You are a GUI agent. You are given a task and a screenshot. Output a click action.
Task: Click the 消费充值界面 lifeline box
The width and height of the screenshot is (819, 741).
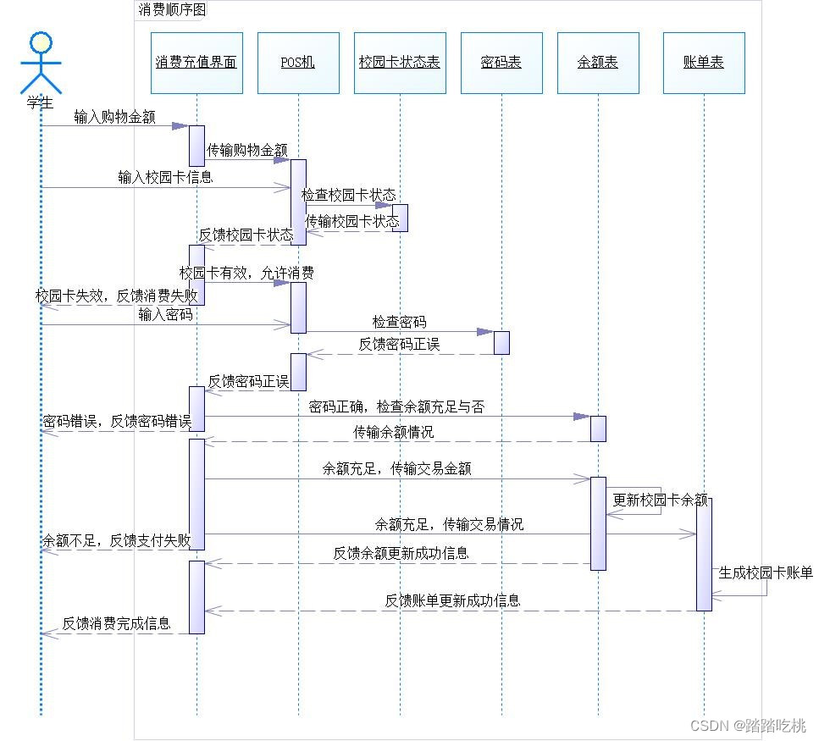(196, 63)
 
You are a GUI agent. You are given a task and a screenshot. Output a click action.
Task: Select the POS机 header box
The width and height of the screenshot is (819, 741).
(298, 63)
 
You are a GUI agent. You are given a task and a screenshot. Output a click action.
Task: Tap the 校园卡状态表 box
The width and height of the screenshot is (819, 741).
(400, 63)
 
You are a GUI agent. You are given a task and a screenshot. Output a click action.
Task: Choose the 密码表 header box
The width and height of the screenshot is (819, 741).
(501, 63)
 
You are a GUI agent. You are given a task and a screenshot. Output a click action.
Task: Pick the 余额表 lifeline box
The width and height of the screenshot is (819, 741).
(598, 63)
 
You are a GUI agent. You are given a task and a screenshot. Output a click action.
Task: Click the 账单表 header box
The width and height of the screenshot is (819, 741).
(704, 63)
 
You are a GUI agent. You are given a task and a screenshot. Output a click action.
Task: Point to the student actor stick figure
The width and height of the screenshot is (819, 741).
(41, 63)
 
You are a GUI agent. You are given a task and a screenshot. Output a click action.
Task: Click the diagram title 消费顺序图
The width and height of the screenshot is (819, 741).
(171, 10)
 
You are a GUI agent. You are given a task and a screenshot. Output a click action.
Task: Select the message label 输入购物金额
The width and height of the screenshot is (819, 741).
(115, 117)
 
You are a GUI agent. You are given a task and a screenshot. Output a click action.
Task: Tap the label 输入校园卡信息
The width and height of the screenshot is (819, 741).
(165, 177)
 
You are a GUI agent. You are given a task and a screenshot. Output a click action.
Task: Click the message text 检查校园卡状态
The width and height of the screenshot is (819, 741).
(348, 196)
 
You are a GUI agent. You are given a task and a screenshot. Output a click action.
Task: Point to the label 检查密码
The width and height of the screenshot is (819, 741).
(400, 322)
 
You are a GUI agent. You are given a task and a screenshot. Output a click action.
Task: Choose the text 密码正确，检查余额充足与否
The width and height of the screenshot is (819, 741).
(397, 406)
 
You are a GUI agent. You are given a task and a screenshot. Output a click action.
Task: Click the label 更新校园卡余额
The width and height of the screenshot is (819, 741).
(660, 500)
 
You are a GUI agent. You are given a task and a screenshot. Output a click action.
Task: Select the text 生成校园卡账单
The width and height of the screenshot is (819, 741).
(766, 573)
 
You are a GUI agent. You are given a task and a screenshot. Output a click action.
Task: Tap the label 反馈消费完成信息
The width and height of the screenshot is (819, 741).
(117, 624)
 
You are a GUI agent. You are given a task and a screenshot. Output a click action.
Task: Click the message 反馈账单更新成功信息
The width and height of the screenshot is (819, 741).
(452, 600)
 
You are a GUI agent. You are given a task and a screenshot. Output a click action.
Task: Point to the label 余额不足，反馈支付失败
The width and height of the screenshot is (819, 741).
(117, 540)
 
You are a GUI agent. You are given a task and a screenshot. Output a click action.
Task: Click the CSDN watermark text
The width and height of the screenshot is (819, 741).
(748, 726)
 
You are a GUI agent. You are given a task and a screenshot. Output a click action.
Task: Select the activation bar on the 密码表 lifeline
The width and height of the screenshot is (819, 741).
(501, 342)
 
